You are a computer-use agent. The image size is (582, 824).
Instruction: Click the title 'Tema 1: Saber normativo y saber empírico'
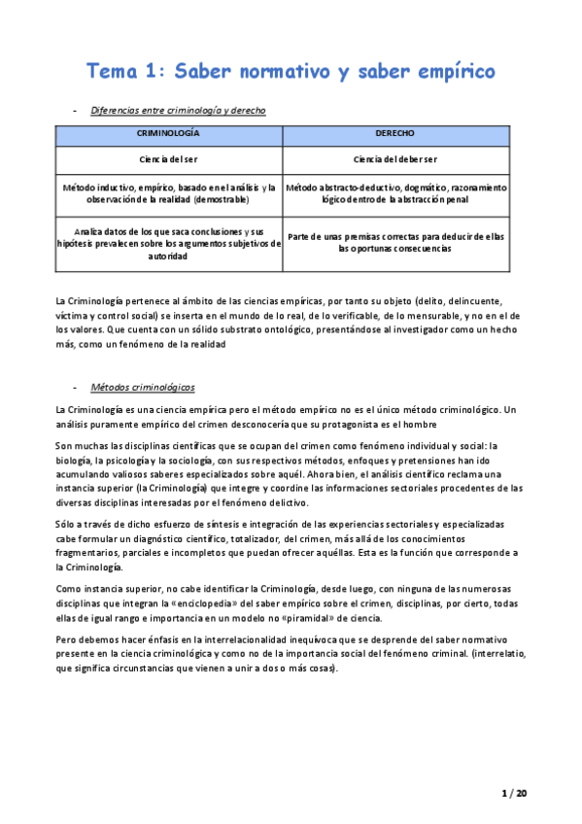[x=291, y=71]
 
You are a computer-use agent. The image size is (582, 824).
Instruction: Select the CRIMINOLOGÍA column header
[x=169, y=132]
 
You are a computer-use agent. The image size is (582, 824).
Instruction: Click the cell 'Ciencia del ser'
[x=169, y=157]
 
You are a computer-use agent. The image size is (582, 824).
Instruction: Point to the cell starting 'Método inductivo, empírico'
[x=169, y=192]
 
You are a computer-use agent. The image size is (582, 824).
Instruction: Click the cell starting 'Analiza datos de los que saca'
[x=169, y=244]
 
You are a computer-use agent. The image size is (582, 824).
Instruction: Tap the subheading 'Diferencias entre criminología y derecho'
[x=178, y=111]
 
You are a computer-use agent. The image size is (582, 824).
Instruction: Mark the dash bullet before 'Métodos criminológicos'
[x=76, y=387]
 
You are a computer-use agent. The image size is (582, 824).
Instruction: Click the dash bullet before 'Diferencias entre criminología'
[x=76, y=111]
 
